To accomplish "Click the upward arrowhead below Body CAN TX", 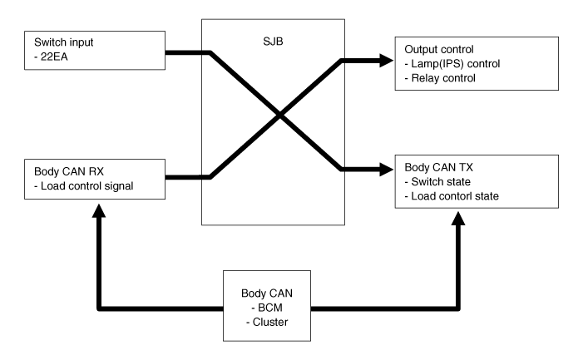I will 457,217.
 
